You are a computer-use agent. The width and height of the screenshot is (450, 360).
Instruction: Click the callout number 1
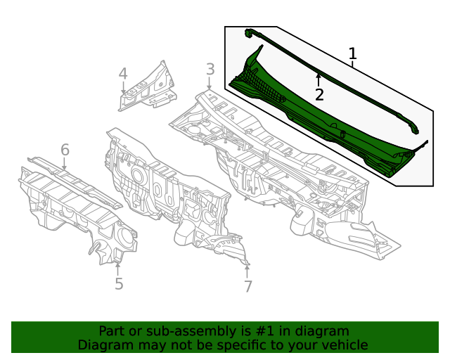pyautogui.click(x=353, y=54)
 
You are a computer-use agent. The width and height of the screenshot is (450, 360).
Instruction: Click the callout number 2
pyautogui.click(x=319, y=95)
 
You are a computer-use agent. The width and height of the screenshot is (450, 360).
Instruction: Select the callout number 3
pyautogui.click(x=210, y=69)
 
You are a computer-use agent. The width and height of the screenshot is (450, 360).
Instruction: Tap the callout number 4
pyautogui.click(x=123, y=74)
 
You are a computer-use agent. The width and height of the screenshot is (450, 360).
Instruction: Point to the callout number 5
pyautogui.click(x=119, y=283)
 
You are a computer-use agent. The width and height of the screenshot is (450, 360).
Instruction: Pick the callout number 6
pyautogui.click(x=65, y=150)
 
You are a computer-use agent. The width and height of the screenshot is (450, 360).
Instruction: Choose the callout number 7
pyautogui.click(x=247, y=286)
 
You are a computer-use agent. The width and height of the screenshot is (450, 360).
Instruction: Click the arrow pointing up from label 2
pyautogui.click(x=319, y=78)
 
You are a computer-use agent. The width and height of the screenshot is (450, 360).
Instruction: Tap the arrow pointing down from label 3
pyautogui.click(x=209, y=84)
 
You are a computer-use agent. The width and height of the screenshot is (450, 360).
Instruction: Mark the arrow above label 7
pyautogui.click(x=247, y=269)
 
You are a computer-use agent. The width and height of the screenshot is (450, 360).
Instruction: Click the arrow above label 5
pyautogui.click(x=118, y=267)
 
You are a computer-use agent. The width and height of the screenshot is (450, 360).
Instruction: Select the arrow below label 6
pyautogui.click(x=65, y=165)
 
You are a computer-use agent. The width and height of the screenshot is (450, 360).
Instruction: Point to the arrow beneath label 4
pyautogui.click(x=123, y=89)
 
